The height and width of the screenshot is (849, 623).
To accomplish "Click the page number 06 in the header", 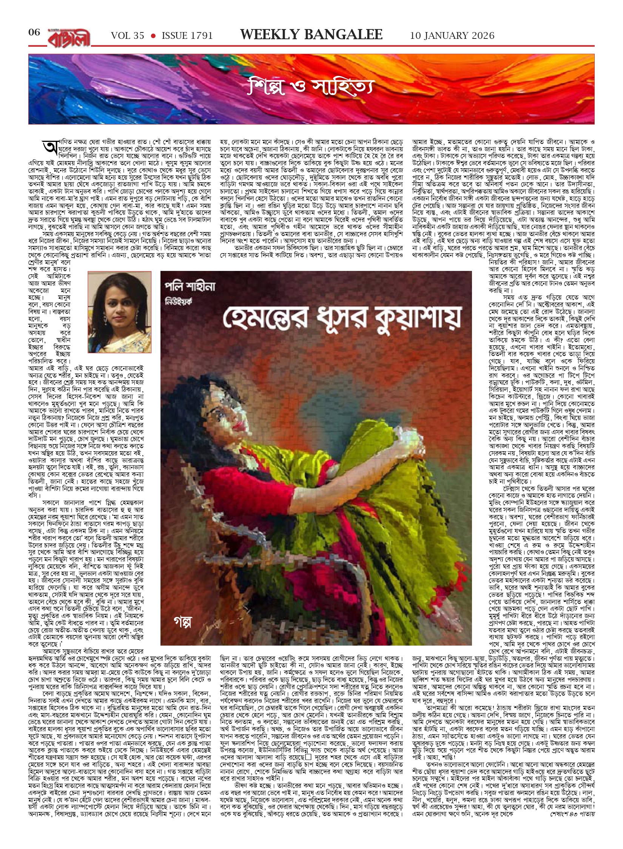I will pyautogui.click(x=34, y=32).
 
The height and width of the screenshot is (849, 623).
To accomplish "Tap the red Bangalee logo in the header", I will pyautogui.click(x=69, y=37).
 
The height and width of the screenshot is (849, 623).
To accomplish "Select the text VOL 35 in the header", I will pyautogui.click(x=128, y=36).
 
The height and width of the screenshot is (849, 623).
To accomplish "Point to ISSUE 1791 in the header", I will pyautogui.click(x=187, y=36).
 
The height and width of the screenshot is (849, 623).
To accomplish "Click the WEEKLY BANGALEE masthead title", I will pyautogui.click(x=311, y=35).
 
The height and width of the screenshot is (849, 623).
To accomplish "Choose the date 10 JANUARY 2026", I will pyautogui.click(x=452, y=36).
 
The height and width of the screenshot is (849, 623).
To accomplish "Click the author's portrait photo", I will pyautogui.click(x=119, y=312).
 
